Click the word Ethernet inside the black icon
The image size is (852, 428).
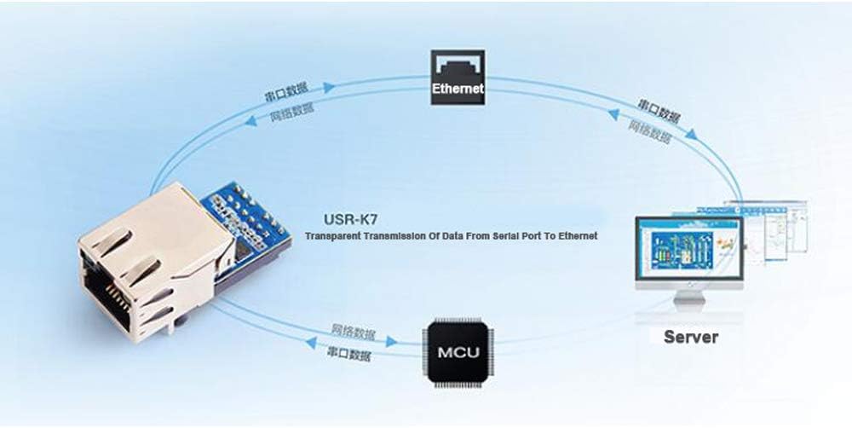[458, 88]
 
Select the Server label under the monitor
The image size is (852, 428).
[690, 337]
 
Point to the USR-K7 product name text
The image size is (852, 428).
[351, 219]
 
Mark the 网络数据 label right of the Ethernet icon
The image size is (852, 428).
[649, 130]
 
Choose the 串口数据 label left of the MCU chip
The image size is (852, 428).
[349, 352]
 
